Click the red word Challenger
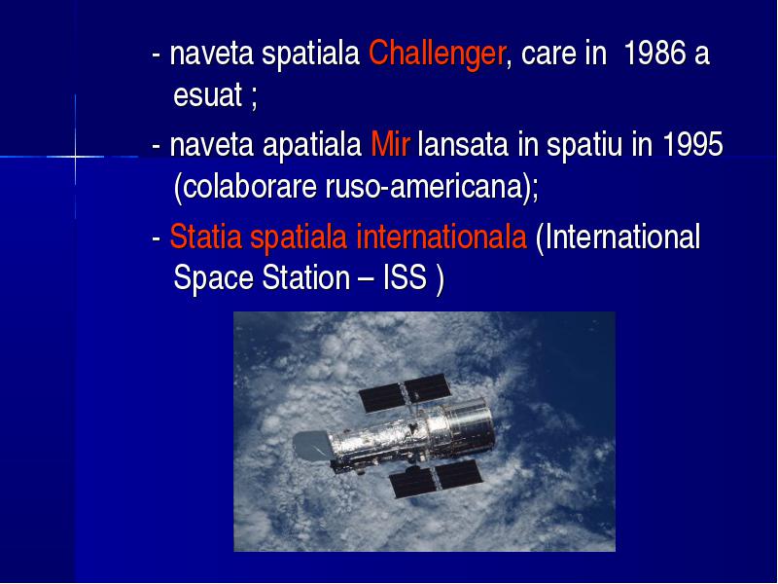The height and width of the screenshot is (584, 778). (437, 55)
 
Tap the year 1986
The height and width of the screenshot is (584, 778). (654, 53)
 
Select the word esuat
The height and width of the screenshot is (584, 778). (208, 94)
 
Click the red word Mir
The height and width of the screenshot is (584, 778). (391, 144)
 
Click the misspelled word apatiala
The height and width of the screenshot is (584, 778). (311, 145)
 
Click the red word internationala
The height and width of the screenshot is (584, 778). (442, 237)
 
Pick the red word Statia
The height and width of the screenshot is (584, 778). (206, 237)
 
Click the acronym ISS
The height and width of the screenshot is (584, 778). (405, 277)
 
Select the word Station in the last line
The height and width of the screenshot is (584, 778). (305, 277)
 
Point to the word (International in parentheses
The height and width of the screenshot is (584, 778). (618, 237)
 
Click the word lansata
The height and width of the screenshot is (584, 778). (463, 144)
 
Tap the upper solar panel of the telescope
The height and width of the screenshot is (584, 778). (405, 393)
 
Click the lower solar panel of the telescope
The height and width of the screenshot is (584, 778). (436, 479)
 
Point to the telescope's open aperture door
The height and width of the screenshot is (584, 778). (311, 445)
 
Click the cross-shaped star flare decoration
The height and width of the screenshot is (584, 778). (75, 157)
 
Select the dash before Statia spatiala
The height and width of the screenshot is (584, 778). (157, 238)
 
